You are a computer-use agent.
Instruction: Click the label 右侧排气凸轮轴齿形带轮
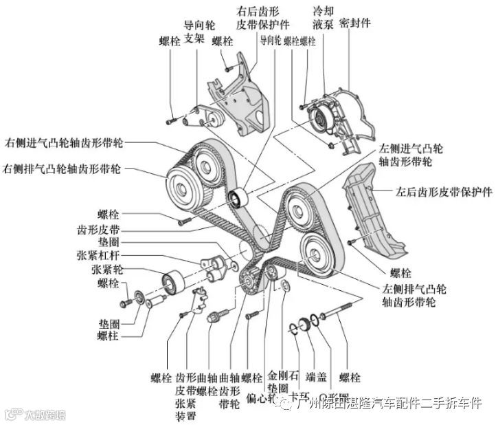(63, 168)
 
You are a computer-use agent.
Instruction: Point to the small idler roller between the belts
(237, 199)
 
